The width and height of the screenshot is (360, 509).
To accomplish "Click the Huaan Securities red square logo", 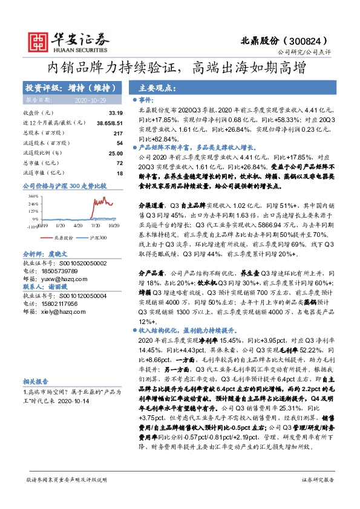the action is (x=39, y=39).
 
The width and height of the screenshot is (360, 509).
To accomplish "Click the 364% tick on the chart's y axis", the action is (x=33, y=196).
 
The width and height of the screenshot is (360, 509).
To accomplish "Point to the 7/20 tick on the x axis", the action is (x=94, y=224).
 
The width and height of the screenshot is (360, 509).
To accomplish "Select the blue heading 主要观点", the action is (x=155, y=86).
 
